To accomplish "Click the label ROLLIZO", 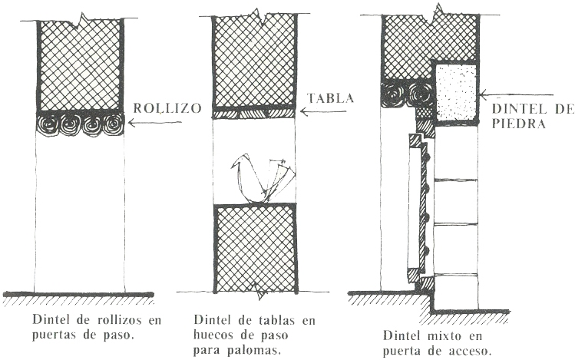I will [167, 107].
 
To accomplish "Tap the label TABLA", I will [330, 99].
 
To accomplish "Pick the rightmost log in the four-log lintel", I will [114, 123].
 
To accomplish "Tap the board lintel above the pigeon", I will [254, 112].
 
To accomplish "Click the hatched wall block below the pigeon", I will [254, 247].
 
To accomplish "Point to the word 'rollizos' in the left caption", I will [101, 318].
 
